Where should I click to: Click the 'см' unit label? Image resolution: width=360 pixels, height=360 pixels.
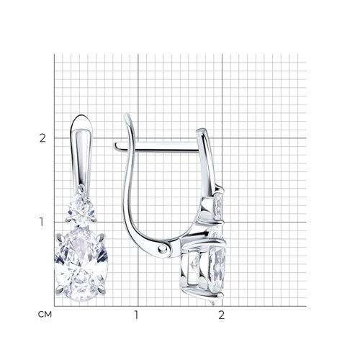point(45,315)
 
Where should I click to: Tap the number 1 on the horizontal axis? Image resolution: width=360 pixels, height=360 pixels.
point(137,315)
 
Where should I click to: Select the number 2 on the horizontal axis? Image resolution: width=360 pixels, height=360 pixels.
point(221,315)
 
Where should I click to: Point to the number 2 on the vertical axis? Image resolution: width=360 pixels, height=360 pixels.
point(42,138)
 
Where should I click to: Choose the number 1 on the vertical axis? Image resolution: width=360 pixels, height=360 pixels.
point(42,222)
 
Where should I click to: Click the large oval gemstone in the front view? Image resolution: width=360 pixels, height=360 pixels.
point(81,264)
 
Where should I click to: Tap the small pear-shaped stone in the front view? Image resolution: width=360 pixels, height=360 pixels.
point(81,210)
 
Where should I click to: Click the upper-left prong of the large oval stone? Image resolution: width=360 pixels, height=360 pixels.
point(60,239)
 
